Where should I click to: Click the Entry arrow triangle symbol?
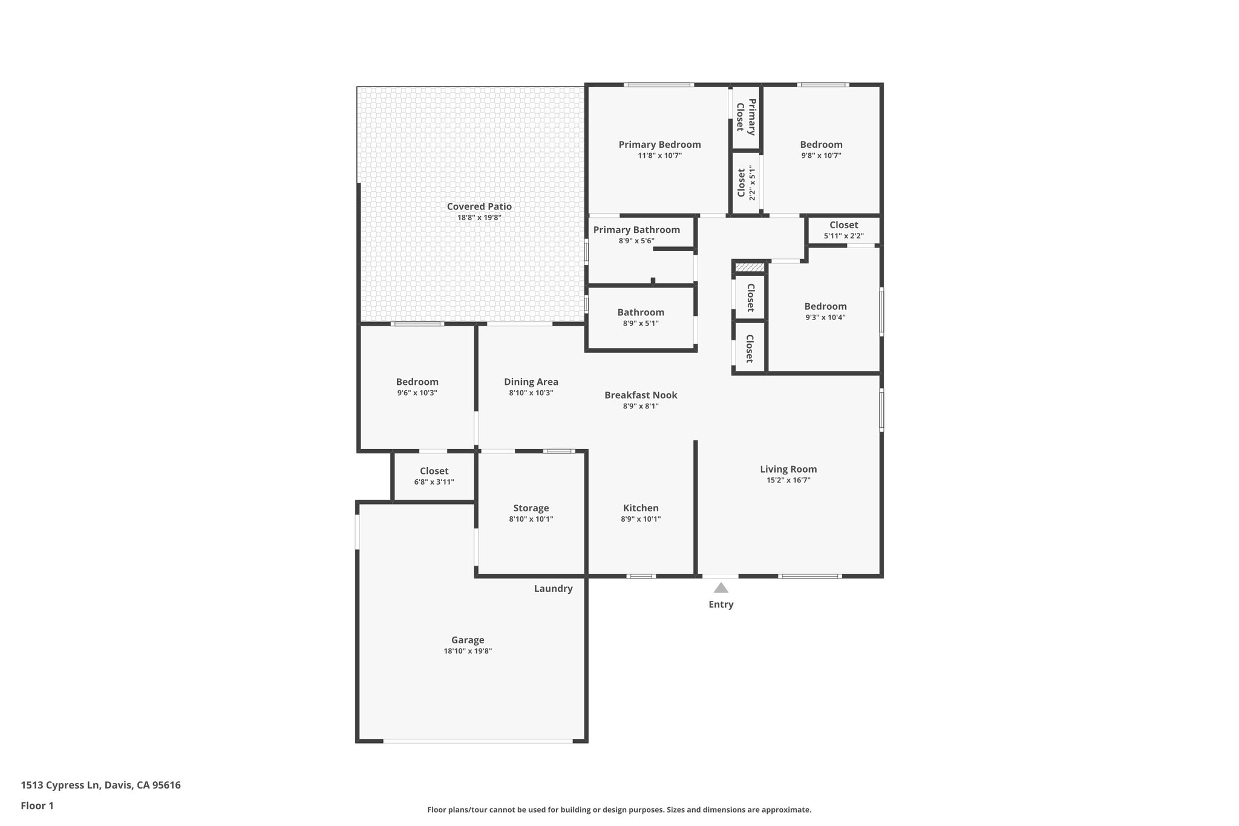721,588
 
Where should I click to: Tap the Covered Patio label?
479,206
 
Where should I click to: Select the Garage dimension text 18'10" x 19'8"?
468,651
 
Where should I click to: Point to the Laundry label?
553,588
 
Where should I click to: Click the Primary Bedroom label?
659,144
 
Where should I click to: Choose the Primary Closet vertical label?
746,117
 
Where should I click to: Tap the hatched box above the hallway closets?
750,267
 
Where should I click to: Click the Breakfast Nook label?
641,395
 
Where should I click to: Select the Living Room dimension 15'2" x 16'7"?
788,480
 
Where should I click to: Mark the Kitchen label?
641,508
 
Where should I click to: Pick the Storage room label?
531,508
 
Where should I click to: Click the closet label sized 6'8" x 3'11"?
434,471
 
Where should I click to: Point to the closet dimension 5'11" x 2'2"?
843,236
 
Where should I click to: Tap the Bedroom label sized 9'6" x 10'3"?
417,381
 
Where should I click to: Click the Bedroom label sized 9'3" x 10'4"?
825,306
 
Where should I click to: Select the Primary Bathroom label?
636,229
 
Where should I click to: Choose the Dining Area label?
531,381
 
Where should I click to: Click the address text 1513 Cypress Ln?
60,785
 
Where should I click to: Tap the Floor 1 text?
37,805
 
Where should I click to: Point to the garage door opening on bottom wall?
478,740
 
